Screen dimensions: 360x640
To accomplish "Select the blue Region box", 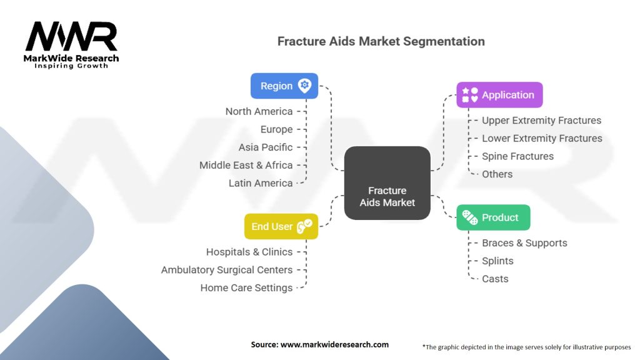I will click(284, 86).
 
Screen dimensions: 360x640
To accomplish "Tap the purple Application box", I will click(499, 95).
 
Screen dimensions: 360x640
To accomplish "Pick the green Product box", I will click(493, 217).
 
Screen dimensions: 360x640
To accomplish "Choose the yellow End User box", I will click(281, 226).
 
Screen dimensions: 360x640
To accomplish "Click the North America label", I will click(259, 111).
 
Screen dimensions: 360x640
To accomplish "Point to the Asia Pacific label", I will click(265, 147).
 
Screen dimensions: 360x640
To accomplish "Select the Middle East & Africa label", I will click(246, 165).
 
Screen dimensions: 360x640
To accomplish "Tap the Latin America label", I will click(260, 183).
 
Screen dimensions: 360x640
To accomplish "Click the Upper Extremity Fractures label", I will click(541, 120).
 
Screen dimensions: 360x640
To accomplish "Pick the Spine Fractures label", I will click(517, 156).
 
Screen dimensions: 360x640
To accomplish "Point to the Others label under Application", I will click(497, 174).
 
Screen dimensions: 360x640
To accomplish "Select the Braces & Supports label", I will click(524, 243).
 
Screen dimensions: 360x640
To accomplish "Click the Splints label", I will click(497, 261).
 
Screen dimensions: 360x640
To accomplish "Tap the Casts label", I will click(495, 279).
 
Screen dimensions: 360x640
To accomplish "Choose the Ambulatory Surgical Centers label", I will click(227, 270).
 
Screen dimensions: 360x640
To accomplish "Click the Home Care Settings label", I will click(246, 288).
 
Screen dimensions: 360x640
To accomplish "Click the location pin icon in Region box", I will click(304, 86).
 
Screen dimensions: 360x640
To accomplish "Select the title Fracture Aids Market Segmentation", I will click(381, 41).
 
